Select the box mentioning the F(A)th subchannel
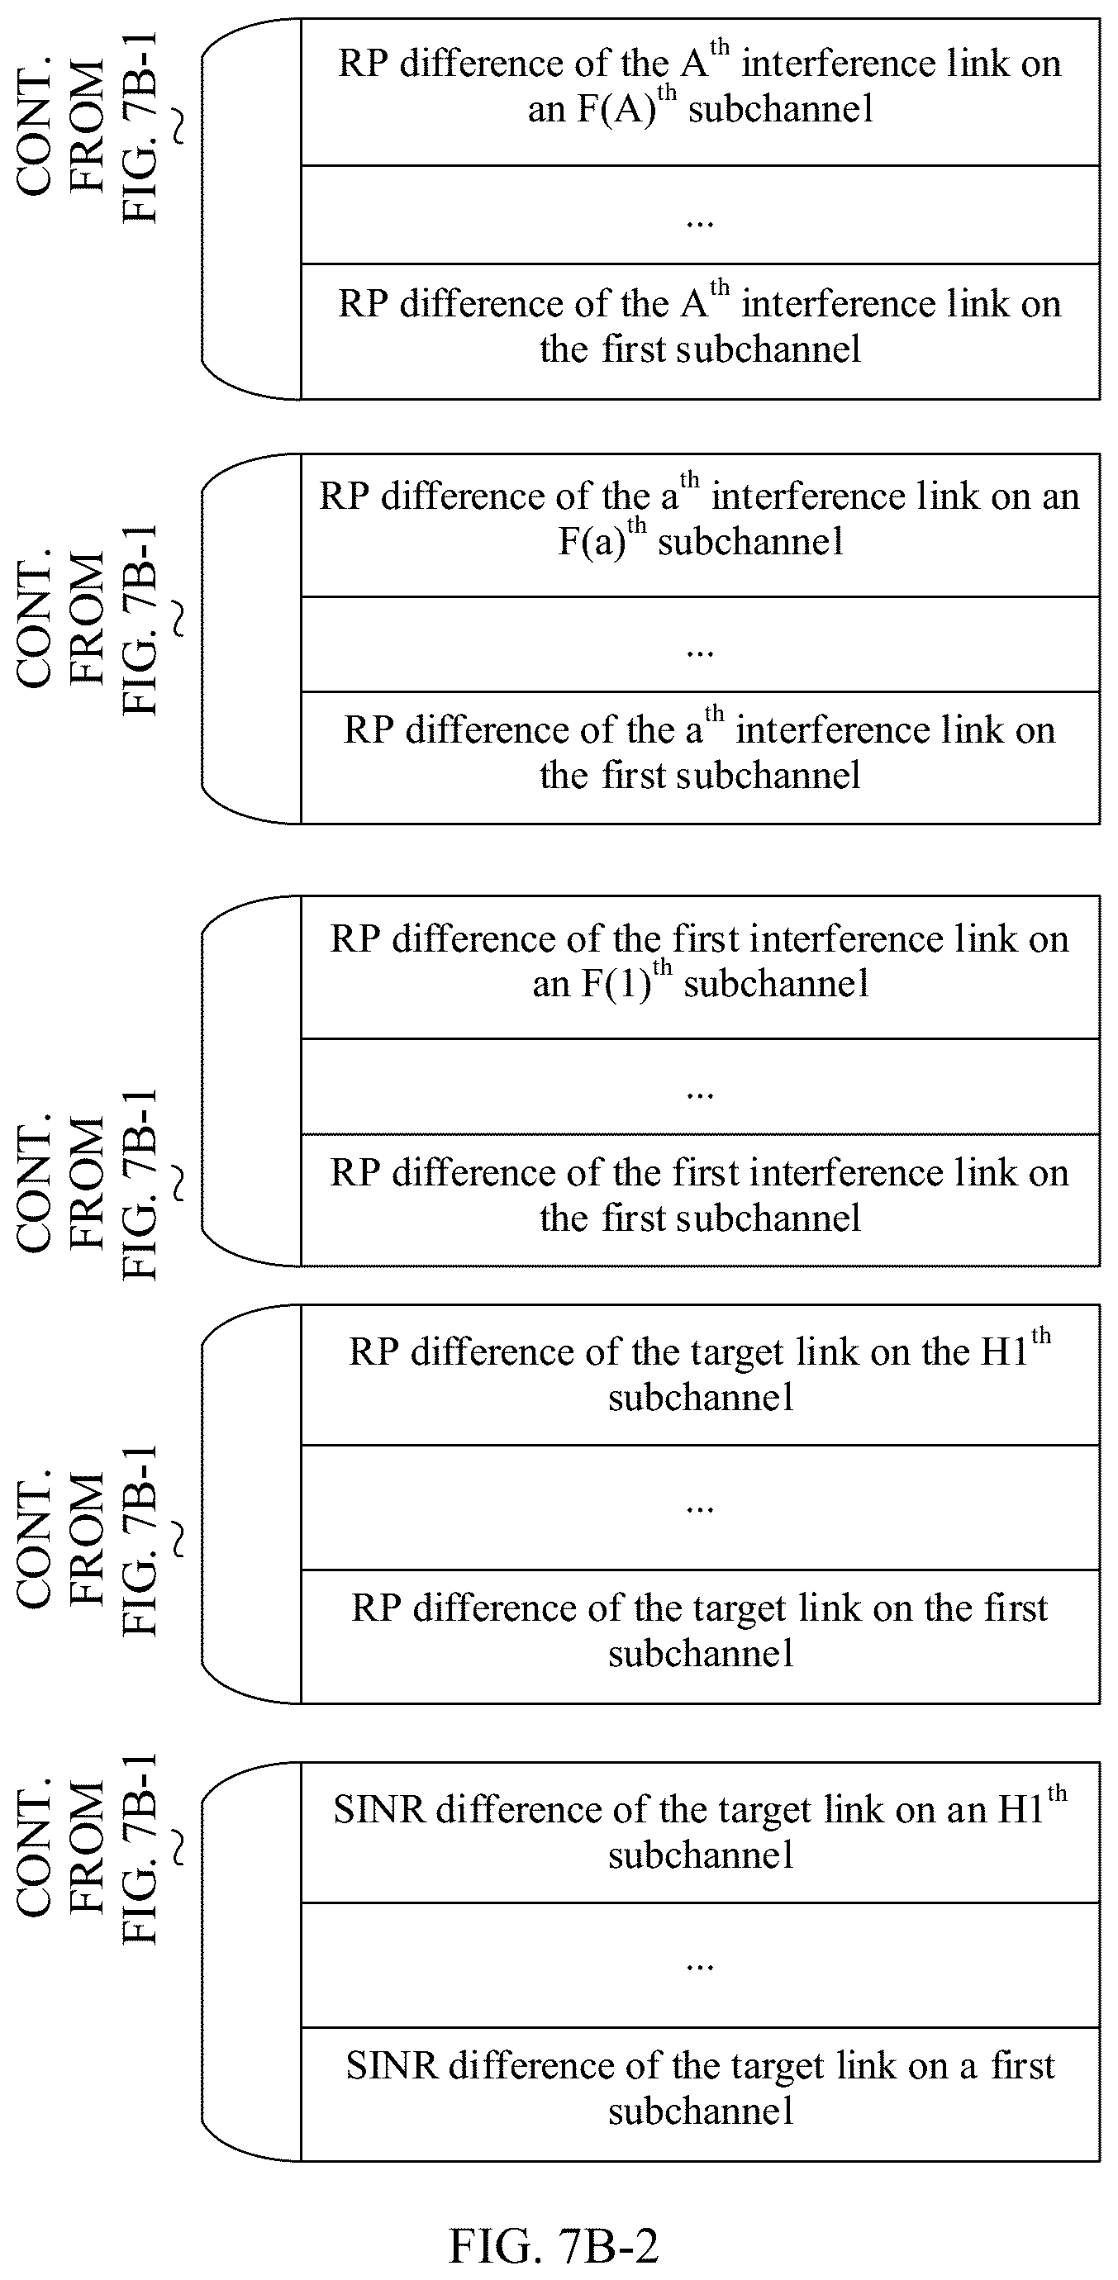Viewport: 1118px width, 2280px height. (700, 92)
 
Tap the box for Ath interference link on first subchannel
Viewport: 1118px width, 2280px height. (700, 331)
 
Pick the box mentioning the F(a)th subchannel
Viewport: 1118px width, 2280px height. (700, 525)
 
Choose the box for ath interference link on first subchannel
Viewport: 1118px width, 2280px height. (700, 758)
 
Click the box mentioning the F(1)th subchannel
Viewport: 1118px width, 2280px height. (700, 967)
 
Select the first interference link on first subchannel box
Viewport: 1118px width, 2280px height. (700, 1200)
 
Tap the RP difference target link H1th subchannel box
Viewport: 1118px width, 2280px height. (700, 1375)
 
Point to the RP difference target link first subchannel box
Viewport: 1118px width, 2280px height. (700, 1636)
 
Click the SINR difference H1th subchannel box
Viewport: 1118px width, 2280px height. (700, 1832)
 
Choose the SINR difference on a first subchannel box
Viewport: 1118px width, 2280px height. (700, 2094)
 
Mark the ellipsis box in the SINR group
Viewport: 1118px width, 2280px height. (700, 1965)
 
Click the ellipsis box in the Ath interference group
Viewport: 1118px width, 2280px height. (700, 214)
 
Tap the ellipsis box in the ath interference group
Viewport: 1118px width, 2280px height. (700, 644)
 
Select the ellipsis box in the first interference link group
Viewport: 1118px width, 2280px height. (700, 1086)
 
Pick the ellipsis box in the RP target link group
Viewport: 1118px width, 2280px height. (700, 1508)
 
